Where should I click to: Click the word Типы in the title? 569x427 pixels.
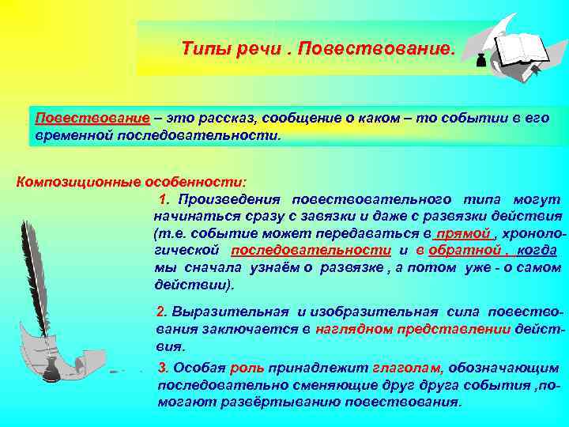(x=202, y=49)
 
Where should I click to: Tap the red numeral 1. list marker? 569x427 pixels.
(x=165, y=198)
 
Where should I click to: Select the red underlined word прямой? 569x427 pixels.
(x=465, y=233)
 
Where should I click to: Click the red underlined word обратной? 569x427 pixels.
(x=477, y=251)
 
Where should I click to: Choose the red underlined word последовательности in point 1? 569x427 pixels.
(x=311, y=251)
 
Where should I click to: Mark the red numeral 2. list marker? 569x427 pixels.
(x=163, y=312)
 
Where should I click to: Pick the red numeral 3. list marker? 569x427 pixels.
(x=163, y=368)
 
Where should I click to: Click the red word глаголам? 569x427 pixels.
(x=406, y=368)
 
